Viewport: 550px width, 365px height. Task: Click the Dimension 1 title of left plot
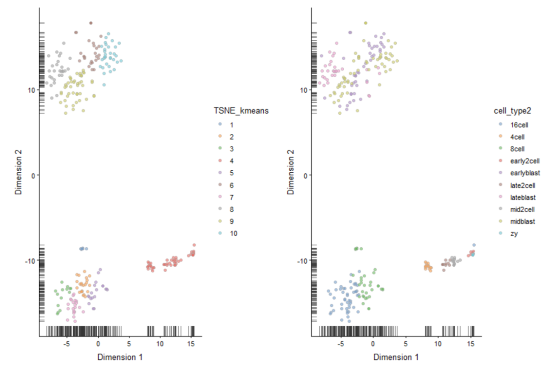coord(120,357)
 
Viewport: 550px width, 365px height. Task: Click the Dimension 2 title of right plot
coord(290,175)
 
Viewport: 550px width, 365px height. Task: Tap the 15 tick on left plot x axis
coord(191,344)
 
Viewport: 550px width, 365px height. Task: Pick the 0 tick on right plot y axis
coord(305,175)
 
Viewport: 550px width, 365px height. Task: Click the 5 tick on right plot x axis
coord(405,344)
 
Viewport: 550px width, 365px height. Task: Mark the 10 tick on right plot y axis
coord(304,90)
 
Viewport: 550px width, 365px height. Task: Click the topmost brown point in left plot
coord(91,23)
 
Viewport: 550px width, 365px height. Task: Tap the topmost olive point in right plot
coord(365,23)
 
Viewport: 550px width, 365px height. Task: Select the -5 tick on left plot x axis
coord(67,344)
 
